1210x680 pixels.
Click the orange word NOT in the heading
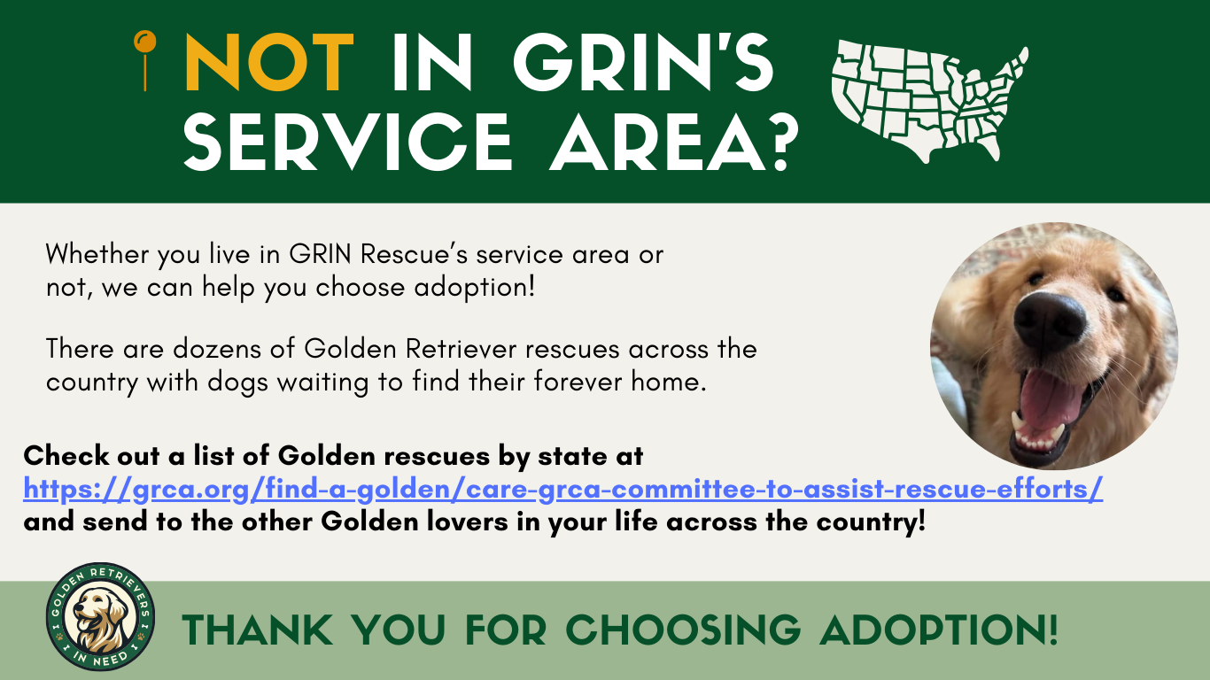pyautogui.click(x=271, y=64)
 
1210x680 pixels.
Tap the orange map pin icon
pyautogui.click(x=144, y=58)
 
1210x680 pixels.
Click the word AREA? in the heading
pyautogui.click(x=670, y=143)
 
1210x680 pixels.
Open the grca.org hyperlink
pyautogui.click(x=562, y=490)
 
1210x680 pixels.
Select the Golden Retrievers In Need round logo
pyautogui.click(x=100, y=617)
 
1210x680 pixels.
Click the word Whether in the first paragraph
pyautogui.click(x=98, y=255)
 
